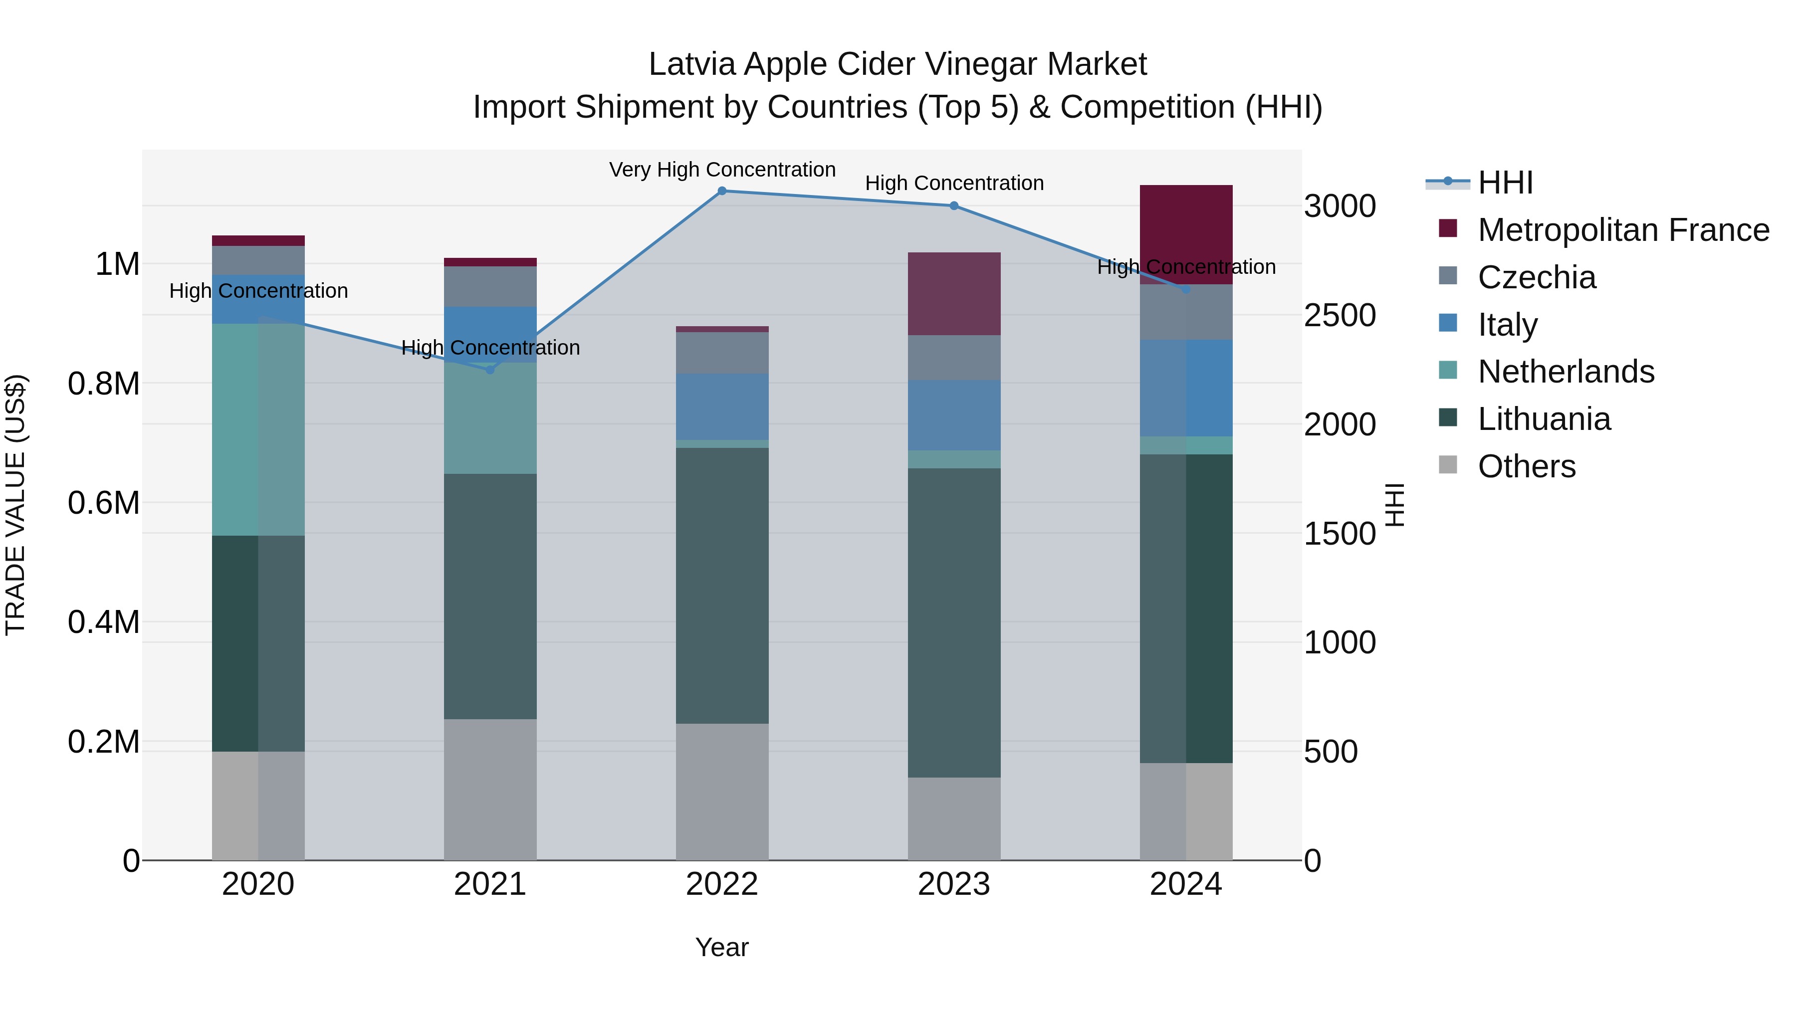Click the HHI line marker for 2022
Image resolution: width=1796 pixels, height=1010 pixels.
tap(722, 191)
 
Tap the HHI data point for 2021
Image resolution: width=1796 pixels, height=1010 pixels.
tap(490, 370)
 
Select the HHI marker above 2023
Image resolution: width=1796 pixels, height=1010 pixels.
tap(954, 205)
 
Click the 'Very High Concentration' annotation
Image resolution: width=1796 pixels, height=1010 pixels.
tap(722, 170)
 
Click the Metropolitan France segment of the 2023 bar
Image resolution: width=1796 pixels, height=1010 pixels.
tap(954, 293)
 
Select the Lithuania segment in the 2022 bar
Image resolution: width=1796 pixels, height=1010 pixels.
tap(722, 586)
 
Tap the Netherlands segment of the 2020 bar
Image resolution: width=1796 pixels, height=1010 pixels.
tap(258, 429)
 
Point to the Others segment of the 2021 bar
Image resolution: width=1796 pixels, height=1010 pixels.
tap(490, 789)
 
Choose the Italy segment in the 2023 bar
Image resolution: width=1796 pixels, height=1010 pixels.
tap(954, 415)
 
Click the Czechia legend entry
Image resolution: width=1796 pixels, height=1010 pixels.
tap(1537, 277)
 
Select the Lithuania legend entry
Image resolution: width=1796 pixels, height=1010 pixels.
tap(1544, 419)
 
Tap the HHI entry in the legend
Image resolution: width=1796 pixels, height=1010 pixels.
tap(1505, 183)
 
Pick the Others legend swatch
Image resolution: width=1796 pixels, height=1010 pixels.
tap(1448, 465)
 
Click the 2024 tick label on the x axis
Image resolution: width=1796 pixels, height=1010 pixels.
tap(1185, 884)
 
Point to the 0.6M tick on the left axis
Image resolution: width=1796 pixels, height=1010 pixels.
tap(104, 503)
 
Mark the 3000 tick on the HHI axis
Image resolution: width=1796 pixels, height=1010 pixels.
tap(1340, 206)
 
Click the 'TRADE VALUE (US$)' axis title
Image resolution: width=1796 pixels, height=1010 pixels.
tap(15, 505)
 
